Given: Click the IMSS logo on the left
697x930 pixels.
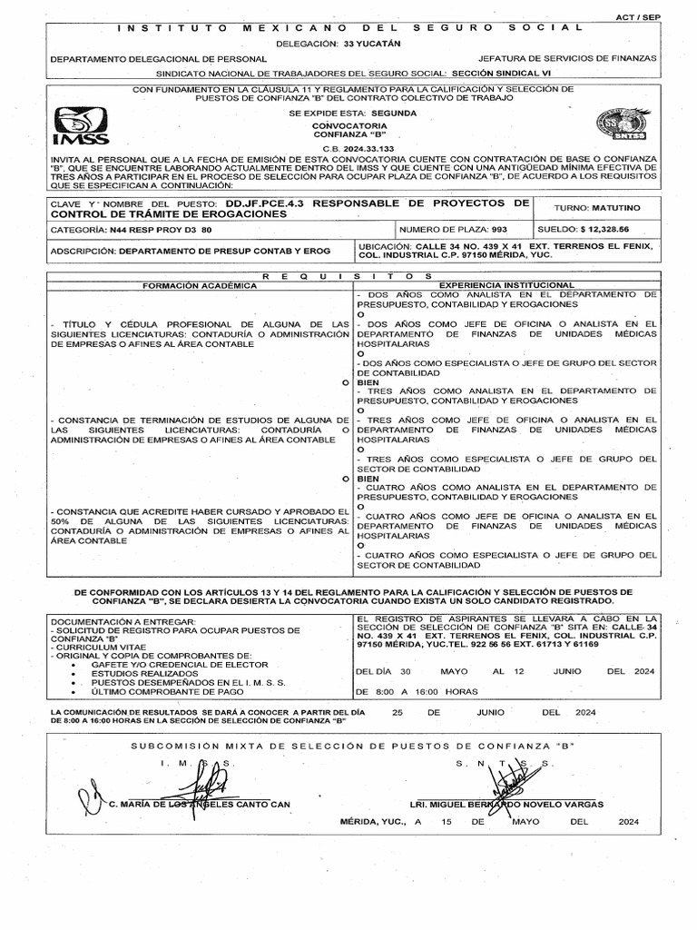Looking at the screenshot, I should pos(81,125).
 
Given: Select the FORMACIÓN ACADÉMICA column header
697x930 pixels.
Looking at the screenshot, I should pos(196,285).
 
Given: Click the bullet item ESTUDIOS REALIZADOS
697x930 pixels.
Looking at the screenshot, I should pos(144,673).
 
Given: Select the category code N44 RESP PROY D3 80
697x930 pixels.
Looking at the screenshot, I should pos(160,231).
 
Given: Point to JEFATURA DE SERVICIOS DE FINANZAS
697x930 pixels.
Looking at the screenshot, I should pos(566,57).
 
